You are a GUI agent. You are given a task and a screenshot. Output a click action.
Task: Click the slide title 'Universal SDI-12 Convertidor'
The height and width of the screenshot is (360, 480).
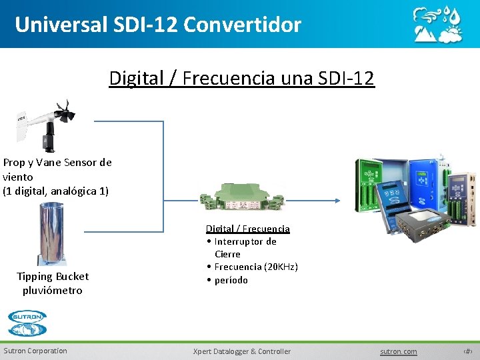click(x=158, y=25)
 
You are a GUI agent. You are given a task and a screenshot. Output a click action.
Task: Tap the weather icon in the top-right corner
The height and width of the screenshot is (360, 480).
click(x=437, y=25)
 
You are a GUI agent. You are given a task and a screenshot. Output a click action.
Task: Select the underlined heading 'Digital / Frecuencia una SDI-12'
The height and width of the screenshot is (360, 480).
click(x=242, y=79)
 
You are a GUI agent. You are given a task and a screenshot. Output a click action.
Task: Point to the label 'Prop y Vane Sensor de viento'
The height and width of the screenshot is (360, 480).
click(x=57, y=169)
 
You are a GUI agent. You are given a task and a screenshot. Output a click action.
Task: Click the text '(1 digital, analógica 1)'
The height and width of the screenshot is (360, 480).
click(x=55, y=191)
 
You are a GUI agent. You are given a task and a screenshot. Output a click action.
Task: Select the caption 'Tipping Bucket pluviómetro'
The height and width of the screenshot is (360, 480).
click(x=53, y=283)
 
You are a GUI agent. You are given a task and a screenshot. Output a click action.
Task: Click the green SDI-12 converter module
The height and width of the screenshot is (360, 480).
click(x=241, y=194)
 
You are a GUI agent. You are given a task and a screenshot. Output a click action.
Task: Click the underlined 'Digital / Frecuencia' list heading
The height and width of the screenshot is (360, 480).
click(x=247, y=229)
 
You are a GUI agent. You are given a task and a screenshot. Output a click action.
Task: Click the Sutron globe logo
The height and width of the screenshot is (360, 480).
click(x=27, y=323)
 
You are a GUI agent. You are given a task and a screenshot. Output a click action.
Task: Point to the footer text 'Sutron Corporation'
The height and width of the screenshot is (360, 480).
click(x=35, y=351)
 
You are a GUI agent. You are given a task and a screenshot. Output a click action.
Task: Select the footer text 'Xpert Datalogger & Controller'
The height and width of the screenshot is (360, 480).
click(x=241, y=351)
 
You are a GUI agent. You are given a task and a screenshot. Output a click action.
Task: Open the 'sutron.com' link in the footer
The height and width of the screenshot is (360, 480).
click(x=398, y=351)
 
